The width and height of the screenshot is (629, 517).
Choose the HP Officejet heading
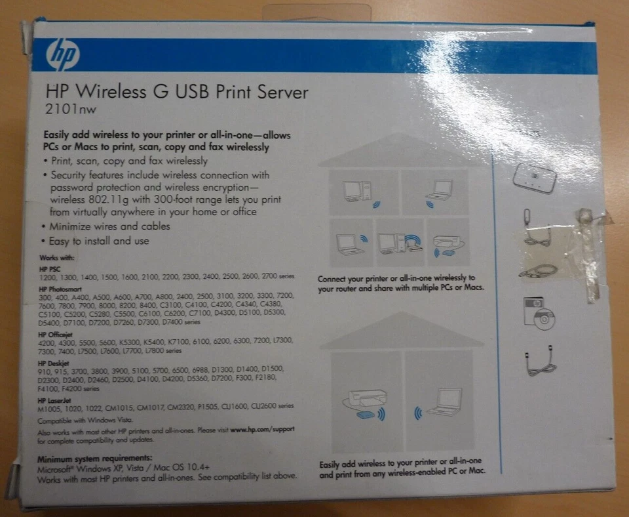pyautogui.click(x=56, y=335)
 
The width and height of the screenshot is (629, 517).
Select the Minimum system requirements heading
pyautogui.click(x=94, y=458)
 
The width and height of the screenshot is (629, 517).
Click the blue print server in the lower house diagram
pyautogui.click(x=364, y=415)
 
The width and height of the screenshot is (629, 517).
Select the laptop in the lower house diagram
pyautogui.click(x=446, y=402)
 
